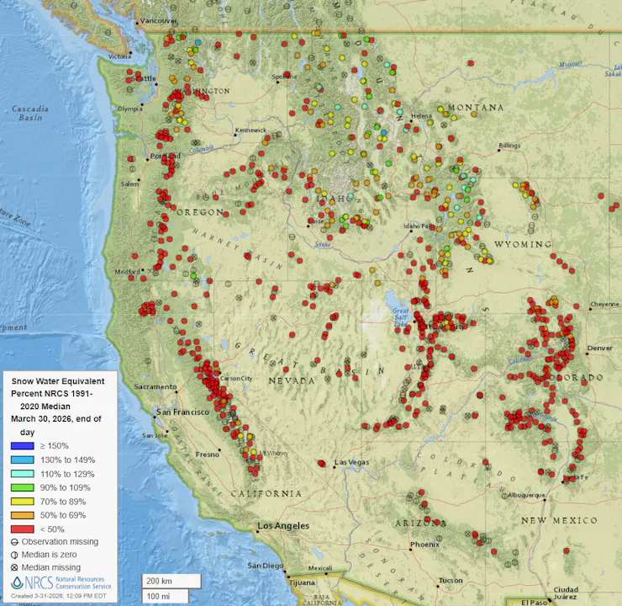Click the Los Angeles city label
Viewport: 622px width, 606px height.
click(x=283, y=526)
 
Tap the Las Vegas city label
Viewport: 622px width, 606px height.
click(x=352, y=463)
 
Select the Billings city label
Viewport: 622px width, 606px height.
click(x=510, y=146)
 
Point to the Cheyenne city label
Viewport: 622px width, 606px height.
click(x=604, y=304)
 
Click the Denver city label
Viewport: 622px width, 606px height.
click(x=600, y=348)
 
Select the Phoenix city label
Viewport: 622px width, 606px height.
click(x=424, y=545)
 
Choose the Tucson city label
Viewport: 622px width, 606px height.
click(x=450, y=581)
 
